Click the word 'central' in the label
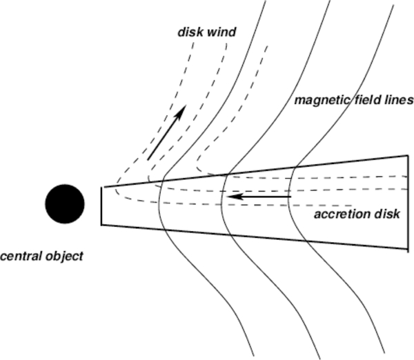pos(19,256)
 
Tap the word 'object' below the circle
pos(63,257)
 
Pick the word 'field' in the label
pos(368,100)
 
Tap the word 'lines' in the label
pos(399,100)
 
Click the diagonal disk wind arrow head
pos(183,110)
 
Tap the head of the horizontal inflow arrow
pos(231,197)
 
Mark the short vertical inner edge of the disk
pos(101,206)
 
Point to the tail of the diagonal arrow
pos(148,159)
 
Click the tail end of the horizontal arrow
pos(292,197)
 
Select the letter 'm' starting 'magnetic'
pos(300,101)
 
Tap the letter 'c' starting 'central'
pos(3,257)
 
